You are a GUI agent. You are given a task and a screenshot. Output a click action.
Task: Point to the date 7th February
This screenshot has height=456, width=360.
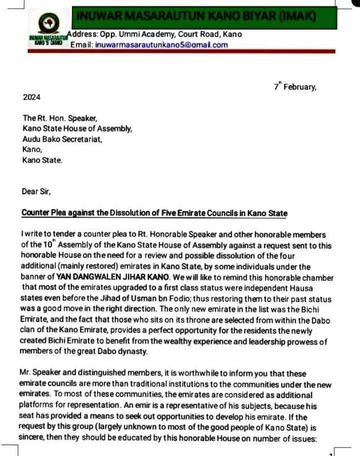pyautogui.click(x=294, y=87)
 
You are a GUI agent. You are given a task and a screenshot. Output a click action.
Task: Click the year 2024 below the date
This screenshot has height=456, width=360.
pyautogui.click(x=32, y=98)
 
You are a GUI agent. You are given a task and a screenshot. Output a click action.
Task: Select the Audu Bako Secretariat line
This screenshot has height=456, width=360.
pyautogui.click(x=62, y=139)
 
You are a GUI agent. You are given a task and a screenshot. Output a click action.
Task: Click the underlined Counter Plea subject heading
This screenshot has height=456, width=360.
pyautogui.click(x=154, y=213)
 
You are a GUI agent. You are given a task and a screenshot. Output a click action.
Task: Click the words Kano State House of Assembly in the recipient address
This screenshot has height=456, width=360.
pyautogui.click(x=77, y=129)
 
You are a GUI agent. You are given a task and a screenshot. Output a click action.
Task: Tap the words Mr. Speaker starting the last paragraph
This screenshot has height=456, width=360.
pyautogui.click(x=43, y=373)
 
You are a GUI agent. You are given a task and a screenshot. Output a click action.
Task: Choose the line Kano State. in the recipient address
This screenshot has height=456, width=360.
pyautogui.click(x=42, y=161)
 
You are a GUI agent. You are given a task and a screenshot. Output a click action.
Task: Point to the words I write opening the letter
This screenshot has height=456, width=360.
pyautogui.click(x=33, y=234)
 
